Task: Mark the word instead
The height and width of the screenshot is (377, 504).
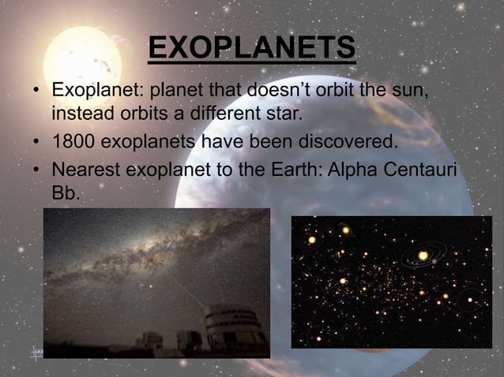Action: coord(82,114)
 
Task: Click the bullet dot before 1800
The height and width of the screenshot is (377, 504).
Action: coord(36,143)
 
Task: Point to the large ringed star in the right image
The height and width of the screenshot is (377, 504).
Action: coord(424,256)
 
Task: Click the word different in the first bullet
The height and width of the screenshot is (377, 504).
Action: coord(223,114)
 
